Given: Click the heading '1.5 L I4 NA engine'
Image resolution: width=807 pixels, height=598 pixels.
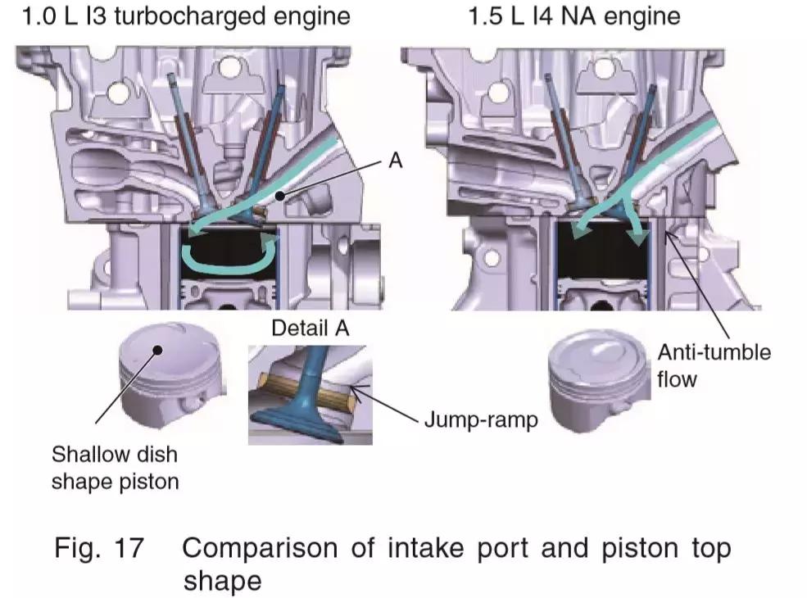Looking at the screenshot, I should pyautogui.click(x=574, y=16).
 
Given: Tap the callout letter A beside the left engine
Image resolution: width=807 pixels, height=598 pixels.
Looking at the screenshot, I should pyautogui.click(x=395, y=162).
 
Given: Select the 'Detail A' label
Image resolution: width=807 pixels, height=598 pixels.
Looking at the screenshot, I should pyautogui.click(x=310, y=328).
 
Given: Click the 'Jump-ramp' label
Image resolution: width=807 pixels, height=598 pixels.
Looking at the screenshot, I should pyautogui.click(x=481, y=420).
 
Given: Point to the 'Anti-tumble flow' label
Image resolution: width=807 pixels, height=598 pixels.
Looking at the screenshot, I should pyautogui.click(x=714, y=365).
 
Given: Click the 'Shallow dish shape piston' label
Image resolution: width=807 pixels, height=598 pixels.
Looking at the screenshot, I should pyautogui.click(x=114, y=467).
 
